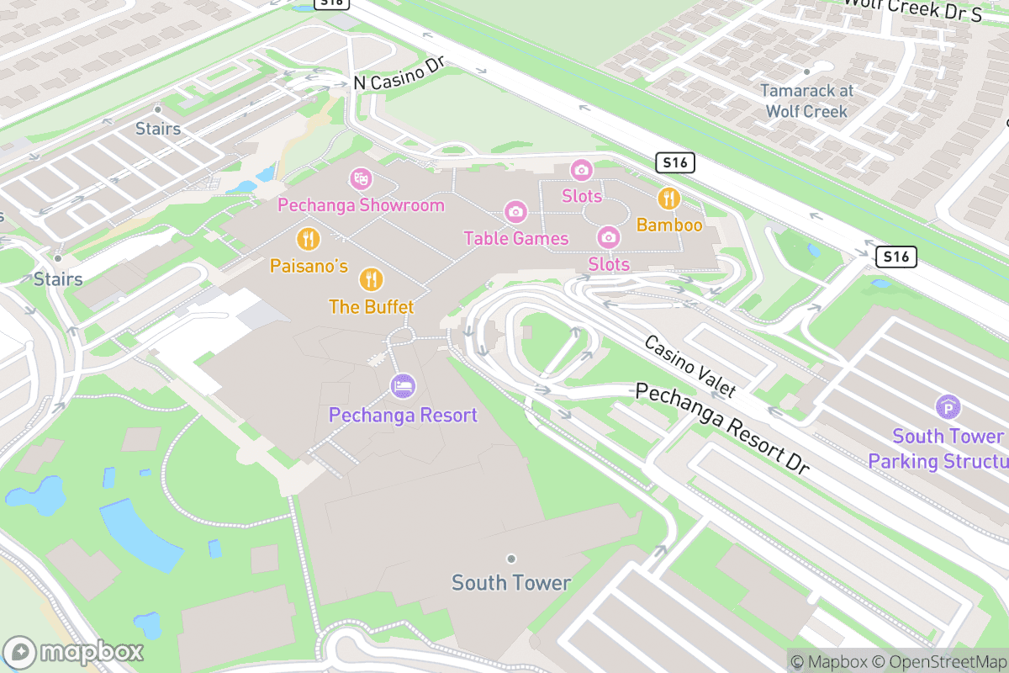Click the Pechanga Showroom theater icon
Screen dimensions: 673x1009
(x=362, y=178)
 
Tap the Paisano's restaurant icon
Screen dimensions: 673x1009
(x=309, y=240)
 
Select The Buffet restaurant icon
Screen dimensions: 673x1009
(x=371, y=279)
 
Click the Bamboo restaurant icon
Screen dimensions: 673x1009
(x=669, y=199)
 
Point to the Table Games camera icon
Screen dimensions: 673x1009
(x=515, y=212)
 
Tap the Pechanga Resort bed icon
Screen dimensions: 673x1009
(x=404, y=387)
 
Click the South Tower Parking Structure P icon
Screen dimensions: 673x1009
(x=948, y=409)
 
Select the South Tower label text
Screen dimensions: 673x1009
(x=511, y=582)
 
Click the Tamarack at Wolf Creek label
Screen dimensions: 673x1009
(x=806, y=100)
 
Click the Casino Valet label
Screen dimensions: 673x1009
(x=689, y=366)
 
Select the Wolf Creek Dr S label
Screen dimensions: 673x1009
(x=912, y=8)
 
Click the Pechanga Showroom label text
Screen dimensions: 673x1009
(x=361, y=205)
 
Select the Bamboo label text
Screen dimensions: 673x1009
(x=669, y=225)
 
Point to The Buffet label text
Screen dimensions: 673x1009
(x=372, y=307)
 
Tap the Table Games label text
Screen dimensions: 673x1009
(x=516, y=238)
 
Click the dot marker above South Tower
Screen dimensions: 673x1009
(x=510, y=559)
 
